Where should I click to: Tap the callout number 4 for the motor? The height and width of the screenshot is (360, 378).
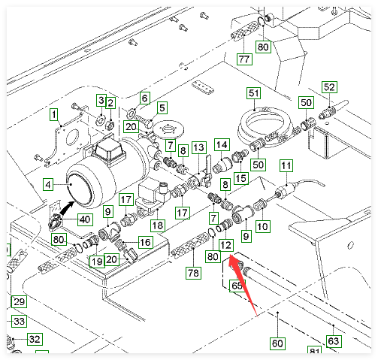[x=48, y=185]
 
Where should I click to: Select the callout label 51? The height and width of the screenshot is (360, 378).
[x=254, y=93]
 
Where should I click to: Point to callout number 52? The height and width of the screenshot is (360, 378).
[x=329, y=87]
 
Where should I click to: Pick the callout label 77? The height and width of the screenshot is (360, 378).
[x=244, y=59]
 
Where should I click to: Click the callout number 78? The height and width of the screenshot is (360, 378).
[x=193, y=273]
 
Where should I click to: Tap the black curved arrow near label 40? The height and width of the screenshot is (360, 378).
[x=66, y=208]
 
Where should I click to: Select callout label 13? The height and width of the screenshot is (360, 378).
[x=199, y=147]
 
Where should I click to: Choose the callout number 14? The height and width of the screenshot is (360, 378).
[x=222, y=145]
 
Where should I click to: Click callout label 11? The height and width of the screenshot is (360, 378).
[x=286, y=165]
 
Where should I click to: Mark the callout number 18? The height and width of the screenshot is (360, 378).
[x=158, y=225]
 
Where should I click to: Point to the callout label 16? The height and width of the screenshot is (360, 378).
[x=146, y=242]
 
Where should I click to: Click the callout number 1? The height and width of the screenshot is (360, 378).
[x=54, y=114]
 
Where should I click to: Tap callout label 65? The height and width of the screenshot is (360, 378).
[x=237, y=286]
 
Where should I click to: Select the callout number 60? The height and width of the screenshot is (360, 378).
[x=277, y=343]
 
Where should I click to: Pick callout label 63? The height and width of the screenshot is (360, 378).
[x=334, y=341]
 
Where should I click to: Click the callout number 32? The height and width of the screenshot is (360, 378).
[x=35, y=339]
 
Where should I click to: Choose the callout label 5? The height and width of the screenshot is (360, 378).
[x=162, y=107]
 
